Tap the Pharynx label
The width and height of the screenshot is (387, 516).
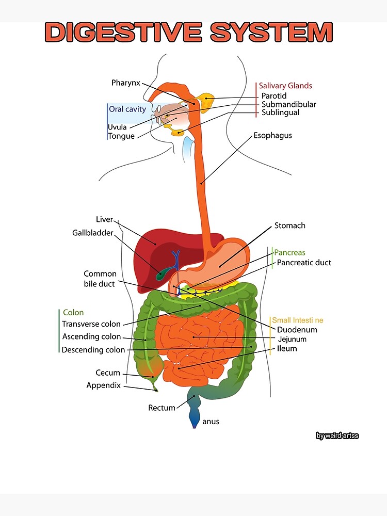click(x=125, y=83)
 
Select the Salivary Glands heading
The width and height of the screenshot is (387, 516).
click(x=285, y=86)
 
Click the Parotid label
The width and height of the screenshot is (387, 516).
click(x=273, y=95)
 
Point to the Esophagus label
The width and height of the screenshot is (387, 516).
click(x=272, y=135)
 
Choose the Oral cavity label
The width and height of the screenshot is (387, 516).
click(x=127, y=109)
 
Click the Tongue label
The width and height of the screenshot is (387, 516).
click(x=121, y=136)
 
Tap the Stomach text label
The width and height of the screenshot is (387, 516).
click(x=289, y=225)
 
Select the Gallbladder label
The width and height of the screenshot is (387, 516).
click(x=92, y=233)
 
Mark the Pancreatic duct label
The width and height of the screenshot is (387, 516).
click(x=304, y=263)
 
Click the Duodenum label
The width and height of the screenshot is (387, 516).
click(x=297, y=329)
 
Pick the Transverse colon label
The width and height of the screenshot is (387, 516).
click(x=91, y=324)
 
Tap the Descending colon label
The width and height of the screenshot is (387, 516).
click(x=93, y=350)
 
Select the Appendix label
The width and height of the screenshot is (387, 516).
click(x=103, y=385)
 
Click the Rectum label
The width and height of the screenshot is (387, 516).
click(x=162, y=408)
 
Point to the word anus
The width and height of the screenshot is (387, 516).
click(x=211, y=422)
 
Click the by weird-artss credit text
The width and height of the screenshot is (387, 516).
click(x=337, y=436)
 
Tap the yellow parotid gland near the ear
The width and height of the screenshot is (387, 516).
click(x=207, y=102)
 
